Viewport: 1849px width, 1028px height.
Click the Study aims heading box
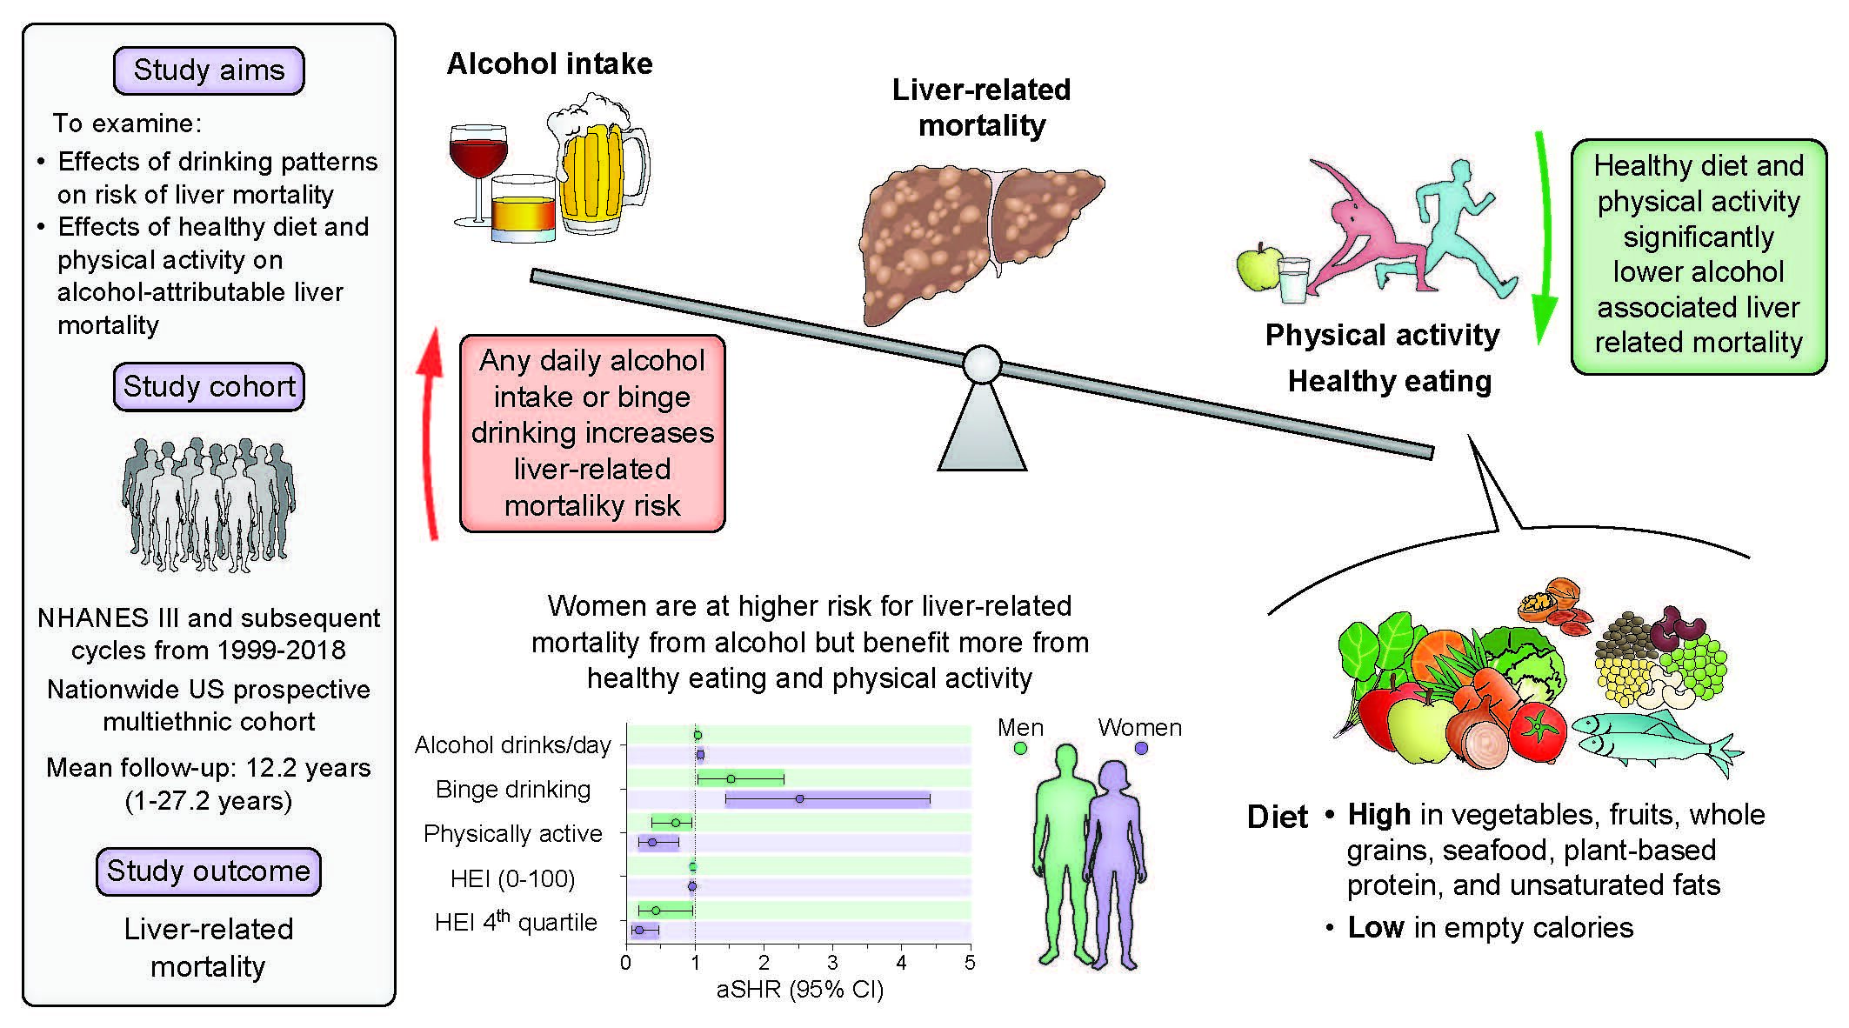coord(209,70)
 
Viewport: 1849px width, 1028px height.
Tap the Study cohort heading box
coord(209,386)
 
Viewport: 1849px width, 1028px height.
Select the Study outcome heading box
coord(209,871)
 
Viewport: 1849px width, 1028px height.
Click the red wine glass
coord(477,165)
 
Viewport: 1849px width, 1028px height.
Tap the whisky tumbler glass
coord(524,210)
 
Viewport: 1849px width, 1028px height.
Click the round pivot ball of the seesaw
coord(982,364)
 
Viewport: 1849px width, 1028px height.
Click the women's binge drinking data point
coord(799,798)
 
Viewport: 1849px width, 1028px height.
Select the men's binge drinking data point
coord(731,778)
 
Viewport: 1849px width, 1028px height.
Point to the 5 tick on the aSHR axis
coord(970,963)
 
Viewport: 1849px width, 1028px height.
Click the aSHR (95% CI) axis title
coord(799,990)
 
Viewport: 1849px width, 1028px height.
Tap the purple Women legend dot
coord(1141,748)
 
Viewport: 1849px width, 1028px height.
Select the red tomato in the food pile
coord(1537,729)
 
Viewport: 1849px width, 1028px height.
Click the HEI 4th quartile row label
coord(516,922)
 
